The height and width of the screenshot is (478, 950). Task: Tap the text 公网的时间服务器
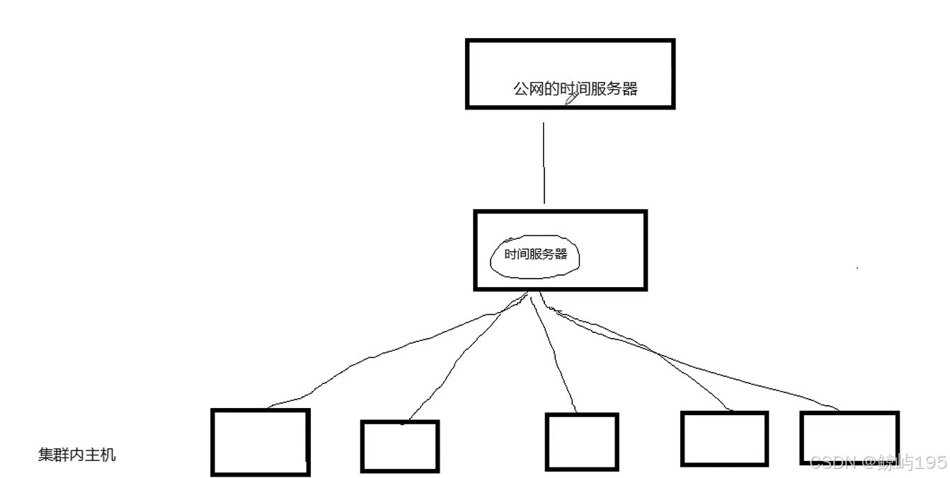point(575,89)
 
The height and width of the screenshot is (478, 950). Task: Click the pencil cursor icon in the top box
point(571,99)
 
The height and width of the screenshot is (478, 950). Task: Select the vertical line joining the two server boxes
point(544,163)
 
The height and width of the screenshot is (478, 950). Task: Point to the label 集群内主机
point(76,455)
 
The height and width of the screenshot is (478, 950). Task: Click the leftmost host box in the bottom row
point(261,442)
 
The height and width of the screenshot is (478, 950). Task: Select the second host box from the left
point(399,446)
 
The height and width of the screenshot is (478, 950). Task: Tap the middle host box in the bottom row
point(581,442)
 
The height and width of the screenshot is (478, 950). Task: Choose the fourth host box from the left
point(724,438)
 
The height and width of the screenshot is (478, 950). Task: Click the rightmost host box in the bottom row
point(849,437)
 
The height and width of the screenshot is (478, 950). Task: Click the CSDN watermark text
point(832,462)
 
